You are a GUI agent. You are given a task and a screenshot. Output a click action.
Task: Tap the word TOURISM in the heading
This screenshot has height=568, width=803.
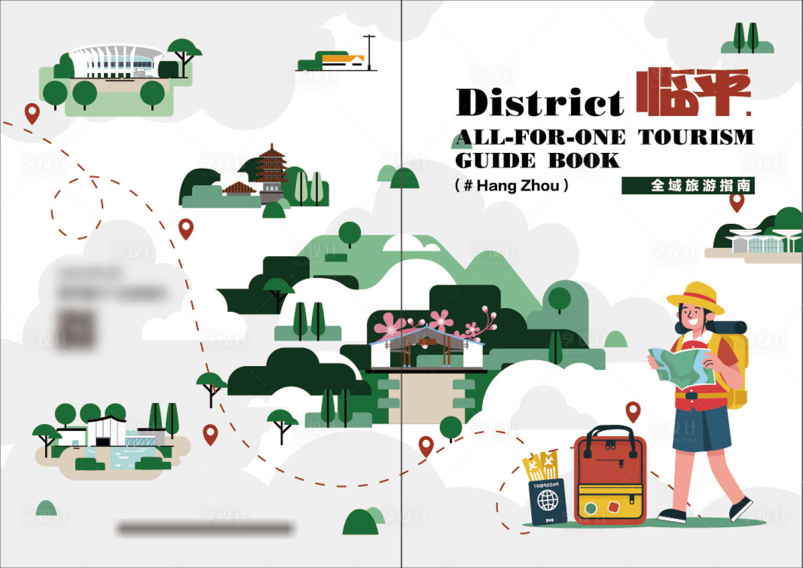click(x=695, y=137)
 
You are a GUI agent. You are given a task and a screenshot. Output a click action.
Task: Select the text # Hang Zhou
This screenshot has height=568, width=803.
click(x=512, y=186)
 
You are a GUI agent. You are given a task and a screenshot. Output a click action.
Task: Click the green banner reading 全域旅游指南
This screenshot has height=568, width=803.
click(x=687, y=186)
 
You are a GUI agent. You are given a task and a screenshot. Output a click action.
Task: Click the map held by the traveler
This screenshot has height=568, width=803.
click(x=682, y=367)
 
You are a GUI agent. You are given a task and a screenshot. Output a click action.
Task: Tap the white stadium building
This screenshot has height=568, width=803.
click(x=117, y=62)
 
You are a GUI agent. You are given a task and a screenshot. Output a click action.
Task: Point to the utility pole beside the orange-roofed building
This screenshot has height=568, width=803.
click(x=369, y=52)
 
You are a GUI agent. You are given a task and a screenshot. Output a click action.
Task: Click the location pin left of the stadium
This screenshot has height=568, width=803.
click(x=32, y=113)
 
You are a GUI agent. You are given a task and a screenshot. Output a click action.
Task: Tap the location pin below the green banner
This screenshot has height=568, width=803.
click(x=736, y=202)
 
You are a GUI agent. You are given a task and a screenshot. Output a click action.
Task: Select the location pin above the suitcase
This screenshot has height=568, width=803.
click(x=633, y=411)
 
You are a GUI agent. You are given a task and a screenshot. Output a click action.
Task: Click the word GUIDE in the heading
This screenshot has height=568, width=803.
click(x=495, y=161)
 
